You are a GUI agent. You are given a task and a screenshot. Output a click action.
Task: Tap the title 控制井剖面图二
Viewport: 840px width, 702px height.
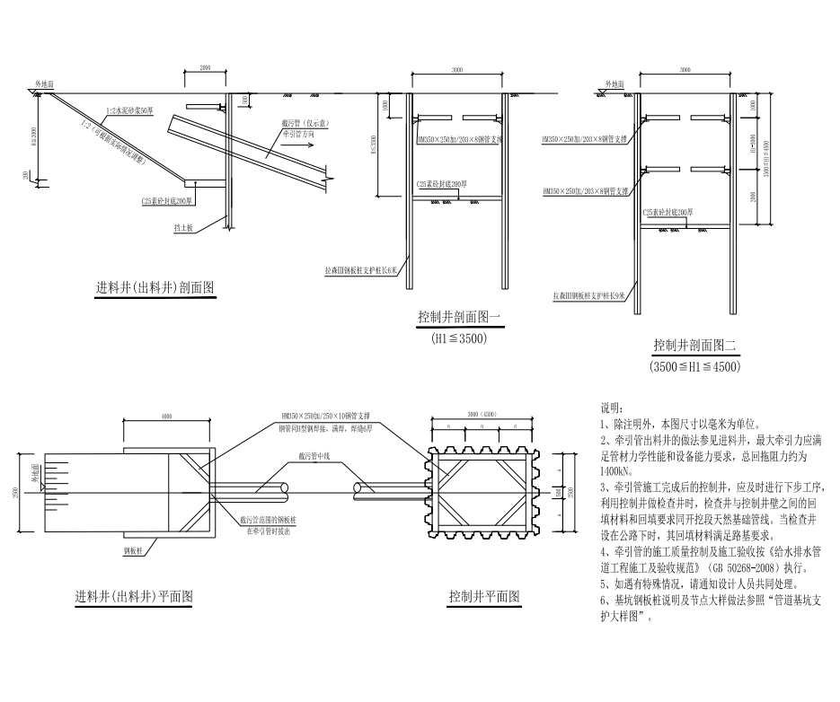(x=694, y=345)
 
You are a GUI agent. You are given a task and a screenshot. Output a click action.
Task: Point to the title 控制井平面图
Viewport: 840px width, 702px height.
(x=483, y=597)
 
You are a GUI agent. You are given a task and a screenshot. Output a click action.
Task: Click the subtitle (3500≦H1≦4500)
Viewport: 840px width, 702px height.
(x=694, y=367)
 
